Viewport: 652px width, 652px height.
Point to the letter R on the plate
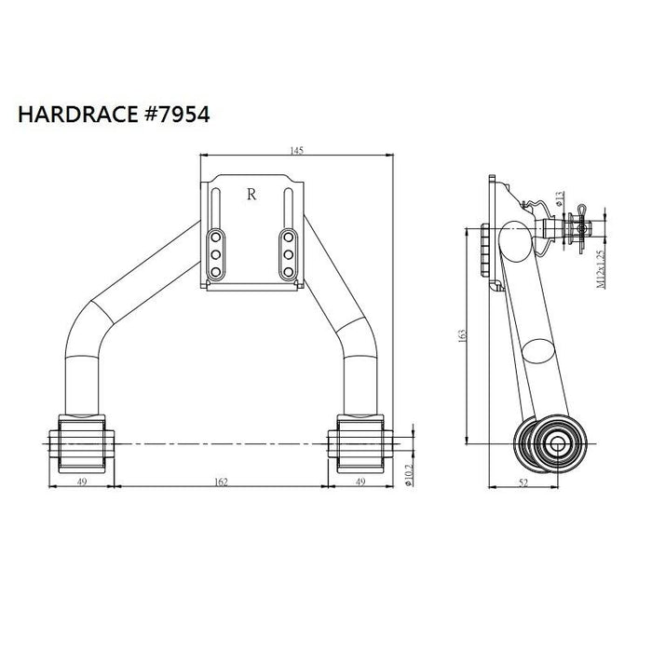251,195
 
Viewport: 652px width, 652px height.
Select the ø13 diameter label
560,198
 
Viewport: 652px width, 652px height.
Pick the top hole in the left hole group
214,235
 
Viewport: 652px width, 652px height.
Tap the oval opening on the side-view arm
538,353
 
